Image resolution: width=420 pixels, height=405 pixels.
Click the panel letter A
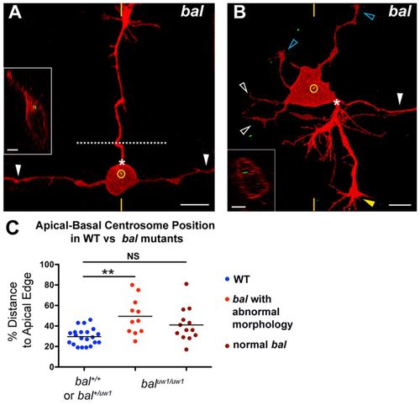click(15, 13)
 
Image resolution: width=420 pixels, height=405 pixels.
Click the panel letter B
click(239, 13)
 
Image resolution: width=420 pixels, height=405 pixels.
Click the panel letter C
click(12, 228)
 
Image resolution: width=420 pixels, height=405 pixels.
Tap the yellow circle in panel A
click(121, 174)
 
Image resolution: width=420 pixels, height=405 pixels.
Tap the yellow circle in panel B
click(313, 89)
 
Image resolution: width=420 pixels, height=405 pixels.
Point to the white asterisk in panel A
click(122, 162)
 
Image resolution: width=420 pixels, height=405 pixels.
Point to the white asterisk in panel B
click(337, 103)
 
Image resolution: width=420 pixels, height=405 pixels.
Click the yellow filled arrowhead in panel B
click(369, 202)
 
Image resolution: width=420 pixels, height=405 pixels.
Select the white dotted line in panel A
click(122, 143)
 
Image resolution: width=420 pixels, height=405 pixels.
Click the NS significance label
click(133, 256)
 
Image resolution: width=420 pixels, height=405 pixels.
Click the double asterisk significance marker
click(108, 272)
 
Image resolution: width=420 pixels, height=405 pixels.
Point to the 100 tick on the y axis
click(55, 265)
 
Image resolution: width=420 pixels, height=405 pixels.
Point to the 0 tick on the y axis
click(55, 367)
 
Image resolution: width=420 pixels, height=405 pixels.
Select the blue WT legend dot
click(228, 279)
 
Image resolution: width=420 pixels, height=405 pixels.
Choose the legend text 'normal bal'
click(260, 345)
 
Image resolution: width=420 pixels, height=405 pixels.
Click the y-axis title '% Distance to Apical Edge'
click(20, 315)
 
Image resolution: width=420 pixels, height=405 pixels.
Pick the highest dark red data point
click(186, 284)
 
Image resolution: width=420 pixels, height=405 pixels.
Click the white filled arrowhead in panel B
click(400, 98)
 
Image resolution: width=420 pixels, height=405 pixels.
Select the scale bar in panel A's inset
click(13, 150)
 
